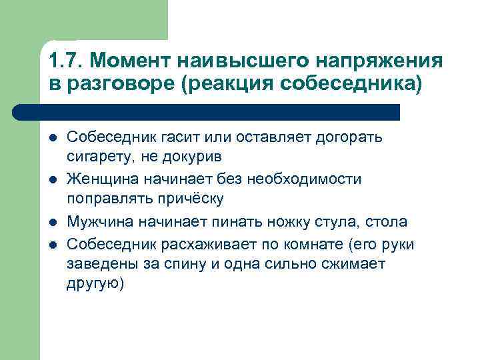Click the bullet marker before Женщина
53,179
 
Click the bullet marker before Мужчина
53,222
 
